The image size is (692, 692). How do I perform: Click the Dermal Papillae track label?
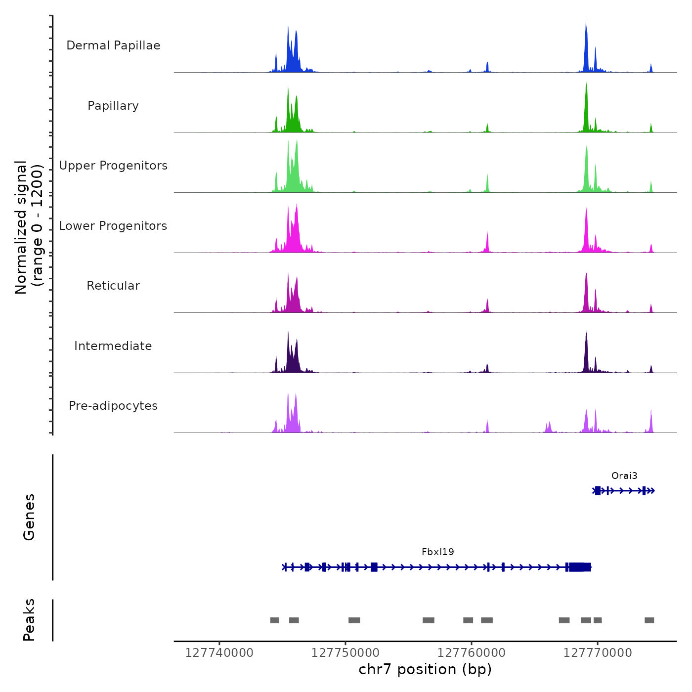[x=113, y=45]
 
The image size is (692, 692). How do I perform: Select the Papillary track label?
[x=113, y=106]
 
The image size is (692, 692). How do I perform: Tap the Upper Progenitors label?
[x=113, y=166]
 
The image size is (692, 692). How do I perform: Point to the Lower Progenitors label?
[x=113, y=226]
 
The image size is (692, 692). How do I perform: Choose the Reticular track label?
[x=113, y=286]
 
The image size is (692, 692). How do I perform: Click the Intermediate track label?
[x=113, y=346]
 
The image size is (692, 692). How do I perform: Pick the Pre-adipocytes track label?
[x=113, y=406]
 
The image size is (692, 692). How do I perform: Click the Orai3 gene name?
[x=624, y=476]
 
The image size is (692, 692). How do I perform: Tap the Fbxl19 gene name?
[x=438, y=552]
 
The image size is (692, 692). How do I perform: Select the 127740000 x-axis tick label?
[x=219, y=653]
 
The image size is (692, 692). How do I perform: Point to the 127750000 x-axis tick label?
[x=346, y=653]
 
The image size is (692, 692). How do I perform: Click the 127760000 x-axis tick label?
[x=472, y=653]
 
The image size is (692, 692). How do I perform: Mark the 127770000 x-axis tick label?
[x=598, y=653]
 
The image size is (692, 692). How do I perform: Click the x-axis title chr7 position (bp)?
[x=425, y=669]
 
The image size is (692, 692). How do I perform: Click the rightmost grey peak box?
[x=649, y=620]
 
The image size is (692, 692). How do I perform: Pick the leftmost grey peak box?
[x=274, y=620]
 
